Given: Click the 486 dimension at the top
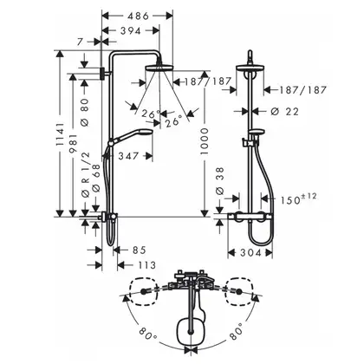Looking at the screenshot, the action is pos(138,16).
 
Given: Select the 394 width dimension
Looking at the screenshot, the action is pos(130,31).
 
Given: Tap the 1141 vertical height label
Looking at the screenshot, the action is pos(60,133).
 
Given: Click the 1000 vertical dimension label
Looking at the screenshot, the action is pos(205,141).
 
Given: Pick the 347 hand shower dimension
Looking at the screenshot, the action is pos(128,156).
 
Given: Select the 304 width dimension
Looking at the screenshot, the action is pos(250,253).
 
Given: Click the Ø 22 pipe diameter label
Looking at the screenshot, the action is pos(285,112).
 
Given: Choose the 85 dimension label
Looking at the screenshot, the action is pos(140,250).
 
